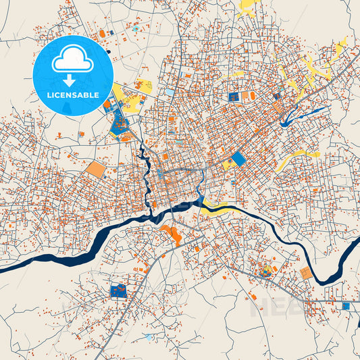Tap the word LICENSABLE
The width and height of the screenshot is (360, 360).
point(72,95)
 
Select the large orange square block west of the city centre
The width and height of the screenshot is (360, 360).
point(96,169)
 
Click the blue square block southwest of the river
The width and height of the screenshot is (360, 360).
point(119,291)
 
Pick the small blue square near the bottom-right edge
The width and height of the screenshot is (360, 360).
point(346,306)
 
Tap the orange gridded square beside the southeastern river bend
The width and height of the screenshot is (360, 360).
point(306,273)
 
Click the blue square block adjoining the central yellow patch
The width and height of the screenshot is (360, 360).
point(238,159)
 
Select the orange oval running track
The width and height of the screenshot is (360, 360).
point(252,97)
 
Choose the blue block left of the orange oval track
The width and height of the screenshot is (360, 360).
point(234,97)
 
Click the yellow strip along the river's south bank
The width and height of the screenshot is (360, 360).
point(215,207)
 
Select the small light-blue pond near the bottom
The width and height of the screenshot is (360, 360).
point(148,336)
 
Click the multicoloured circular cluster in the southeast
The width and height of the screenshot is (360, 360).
point(264,271)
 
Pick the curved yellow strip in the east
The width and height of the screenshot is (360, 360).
point(297,160)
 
